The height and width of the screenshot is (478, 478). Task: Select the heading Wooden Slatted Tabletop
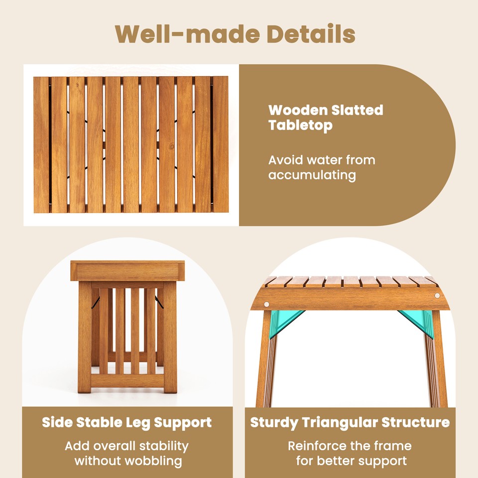326,118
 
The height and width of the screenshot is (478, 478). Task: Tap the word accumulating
312,175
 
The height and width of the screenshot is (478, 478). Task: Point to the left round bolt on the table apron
267,304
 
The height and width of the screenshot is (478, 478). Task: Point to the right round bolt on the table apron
437,296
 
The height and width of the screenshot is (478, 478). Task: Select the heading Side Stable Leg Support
126,423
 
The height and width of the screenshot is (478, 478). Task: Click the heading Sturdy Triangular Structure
350,423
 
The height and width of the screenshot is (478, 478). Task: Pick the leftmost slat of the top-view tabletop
41,145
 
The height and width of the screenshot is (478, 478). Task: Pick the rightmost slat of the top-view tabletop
220,145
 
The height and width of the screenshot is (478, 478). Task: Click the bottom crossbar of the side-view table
127,380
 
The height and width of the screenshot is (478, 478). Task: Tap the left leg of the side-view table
85,339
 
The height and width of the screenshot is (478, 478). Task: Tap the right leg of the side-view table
170,339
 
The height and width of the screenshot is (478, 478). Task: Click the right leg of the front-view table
438,363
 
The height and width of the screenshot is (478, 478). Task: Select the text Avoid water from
322,160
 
